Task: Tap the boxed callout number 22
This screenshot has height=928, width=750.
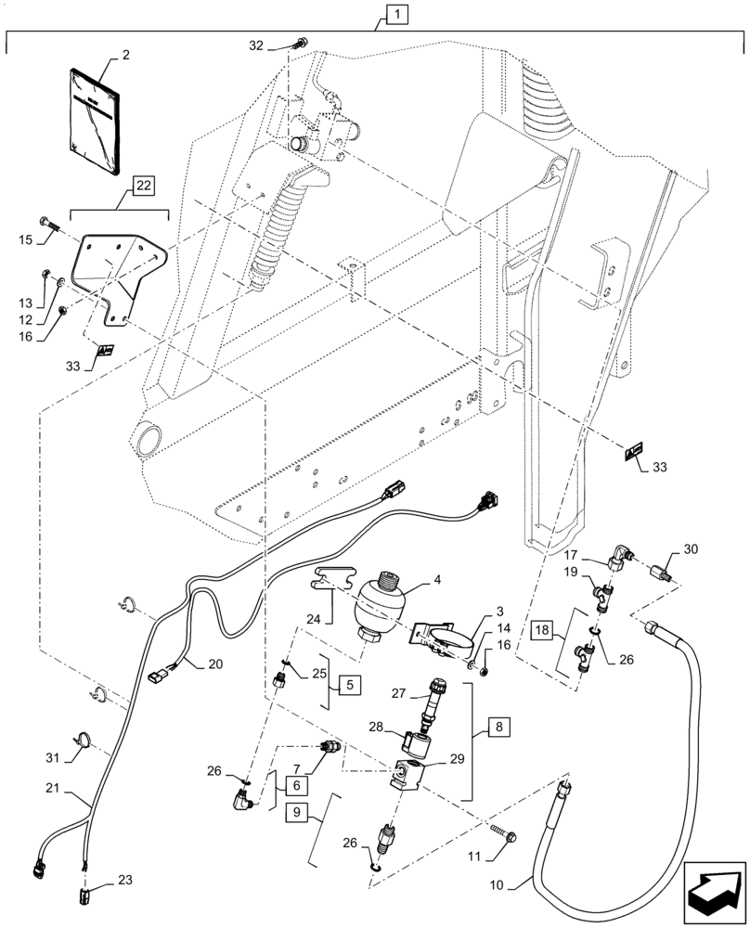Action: point(143,187)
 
